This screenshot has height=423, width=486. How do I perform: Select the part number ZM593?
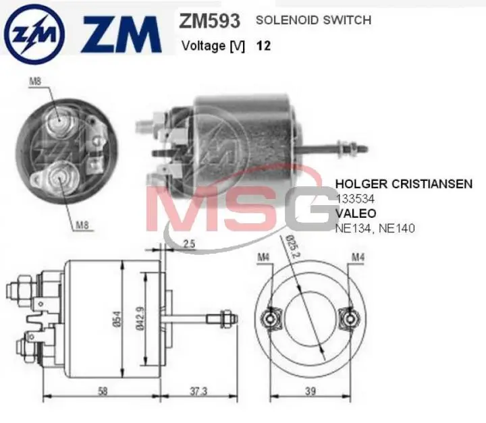[209, 21]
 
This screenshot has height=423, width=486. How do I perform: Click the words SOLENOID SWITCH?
[313, 20]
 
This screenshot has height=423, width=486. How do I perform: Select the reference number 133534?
[355, 199]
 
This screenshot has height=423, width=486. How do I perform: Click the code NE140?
[398, 229]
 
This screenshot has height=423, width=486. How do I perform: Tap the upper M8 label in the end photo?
[35, 82]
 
